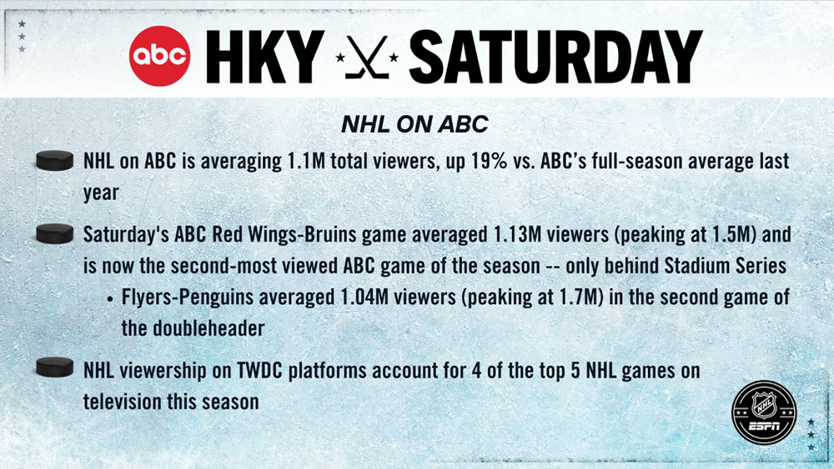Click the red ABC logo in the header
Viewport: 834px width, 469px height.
159,56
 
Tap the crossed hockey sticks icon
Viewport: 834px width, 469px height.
367,57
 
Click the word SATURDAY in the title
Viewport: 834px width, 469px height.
555,57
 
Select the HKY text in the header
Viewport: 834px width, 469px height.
265,57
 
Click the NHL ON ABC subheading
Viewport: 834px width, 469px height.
414,124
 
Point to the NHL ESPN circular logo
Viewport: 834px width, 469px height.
764,412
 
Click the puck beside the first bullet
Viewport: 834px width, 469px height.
55,161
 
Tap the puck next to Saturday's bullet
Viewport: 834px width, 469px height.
55,234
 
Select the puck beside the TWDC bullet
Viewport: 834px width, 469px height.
55,367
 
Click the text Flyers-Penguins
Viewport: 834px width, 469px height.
188,297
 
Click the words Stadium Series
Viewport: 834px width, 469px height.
726,266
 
